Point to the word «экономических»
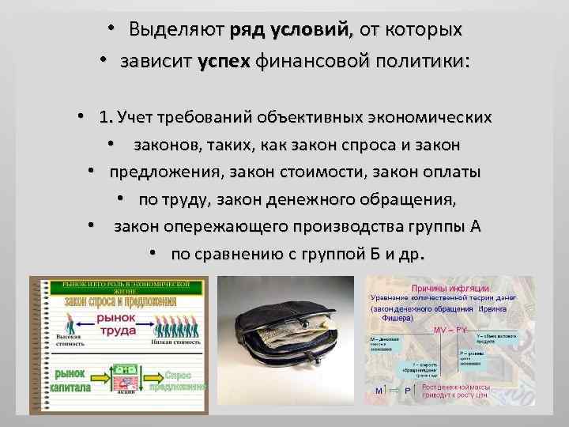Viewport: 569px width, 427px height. pos(431,118)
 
